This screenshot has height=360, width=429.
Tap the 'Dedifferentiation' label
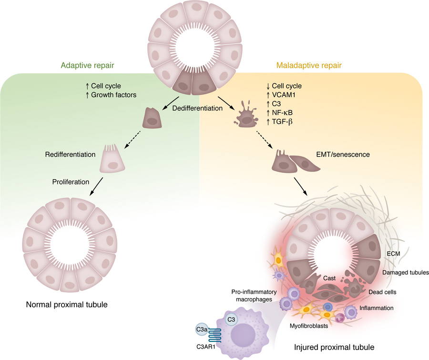(x=198, y=108)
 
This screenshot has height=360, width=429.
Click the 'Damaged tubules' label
(x=405, y=272)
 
